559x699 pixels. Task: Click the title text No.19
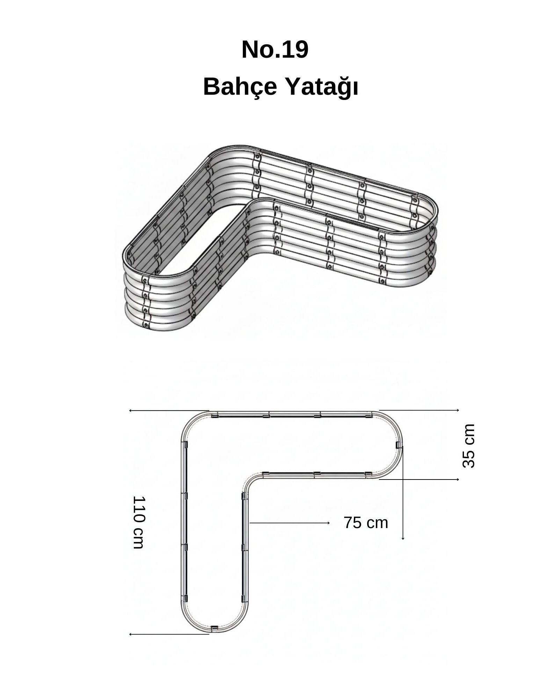[x=275, y=50]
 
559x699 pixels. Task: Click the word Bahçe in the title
[x=240, y=88]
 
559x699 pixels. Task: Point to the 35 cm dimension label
[x=469, y=446]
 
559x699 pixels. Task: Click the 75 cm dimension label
[x=366, y=523]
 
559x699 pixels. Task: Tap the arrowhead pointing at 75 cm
[x=328, y=523]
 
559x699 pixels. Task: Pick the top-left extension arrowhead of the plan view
[x=131, y=411]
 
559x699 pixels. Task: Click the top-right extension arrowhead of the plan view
[x=458, y=410]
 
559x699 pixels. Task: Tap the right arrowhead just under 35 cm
[x=458, y=480]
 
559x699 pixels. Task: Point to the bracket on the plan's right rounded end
[x=399, y=445]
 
